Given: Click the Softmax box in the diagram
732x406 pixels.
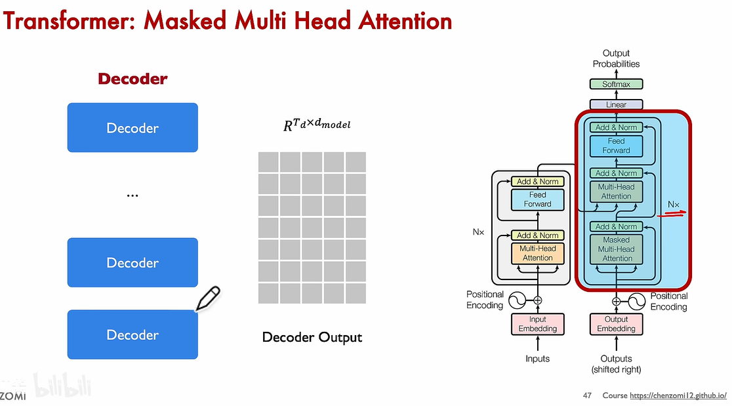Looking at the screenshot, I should tap(616, 84).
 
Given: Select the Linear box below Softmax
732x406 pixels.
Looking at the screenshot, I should tap(616, 104).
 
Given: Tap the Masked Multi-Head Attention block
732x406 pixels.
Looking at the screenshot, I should tap(617, 249).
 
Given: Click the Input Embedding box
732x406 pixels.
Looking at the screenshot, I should tap(538, 324).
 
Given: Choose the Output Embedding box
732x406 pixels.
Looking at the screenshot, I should tap(616, 324).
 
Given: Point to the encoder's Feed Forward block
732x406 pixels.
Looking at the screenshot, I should tap(538, 199).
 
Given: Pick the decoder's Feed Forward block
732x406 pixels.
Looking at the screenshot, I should tap(617, 146).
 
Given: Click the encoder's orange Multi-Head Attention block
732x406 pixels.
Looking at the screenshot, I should tap(538, 253).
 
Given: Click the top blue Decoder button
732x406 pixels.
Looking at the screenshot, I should tap(132, 128).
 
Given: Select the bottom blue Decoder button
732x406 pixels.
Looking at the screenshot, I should tap(132, 335).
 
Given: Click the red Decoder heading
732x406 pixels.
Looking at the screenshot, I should tap(132, 79).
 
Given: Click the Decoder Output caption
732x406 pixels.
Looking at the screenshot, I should tap(312, 338).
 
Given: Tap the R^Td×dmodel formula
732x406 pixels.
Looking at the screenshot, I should tap(317, 123).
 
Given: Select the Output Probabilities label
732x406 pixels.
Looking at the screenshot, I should tap(616, 58).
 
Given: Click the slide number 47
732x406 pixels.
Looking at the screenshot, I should tap(588, 396).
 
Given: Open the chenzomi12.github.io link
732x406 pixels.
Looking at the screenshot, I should tap(678, 396).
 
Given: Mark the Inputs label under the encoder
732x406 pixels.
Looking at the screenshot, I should tap(538, 359).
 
